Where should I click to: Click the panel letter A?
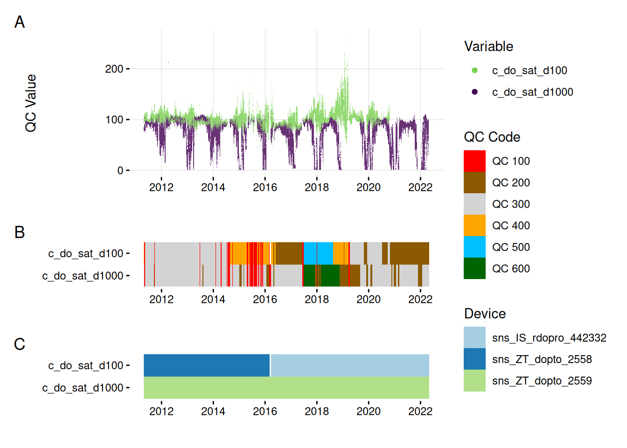point(20,22)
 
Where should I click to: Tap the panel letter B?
point(20,232)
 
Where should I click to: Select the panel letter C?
point(20,344)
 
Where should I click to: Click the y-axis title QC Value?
point(31,103)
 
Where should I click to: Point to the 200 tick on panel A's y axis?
point(114,69)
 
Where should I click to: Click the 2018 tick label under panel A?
point(317,187)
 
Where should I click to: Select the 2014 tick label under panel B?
point(213,299)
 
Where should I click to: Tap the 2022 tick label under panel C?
point(420,411)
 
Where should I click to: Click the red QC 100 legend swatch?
point(474,161)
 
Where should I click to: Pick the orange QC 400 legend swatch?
point(474,225)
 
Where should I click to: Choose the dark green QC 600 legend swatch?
point(474,268)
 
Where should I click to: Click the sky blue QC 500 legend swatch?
point(474,247)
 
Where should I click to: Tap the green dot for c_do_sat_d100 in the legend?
point(474,70)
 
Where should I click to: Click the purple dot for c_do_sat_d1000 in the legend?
point(474,92)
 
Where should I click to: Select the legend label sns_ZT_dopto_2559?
point(542,381)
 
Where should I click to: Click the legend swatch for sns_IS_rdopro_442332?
point(474,337)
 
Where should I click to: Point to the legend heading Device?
point(485,314)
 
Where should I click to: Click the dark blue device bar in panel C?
point(207,365)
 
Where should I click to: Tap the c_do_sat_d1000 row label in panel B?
point(83,276)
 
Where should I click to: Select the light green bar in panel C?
point(286,388)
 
